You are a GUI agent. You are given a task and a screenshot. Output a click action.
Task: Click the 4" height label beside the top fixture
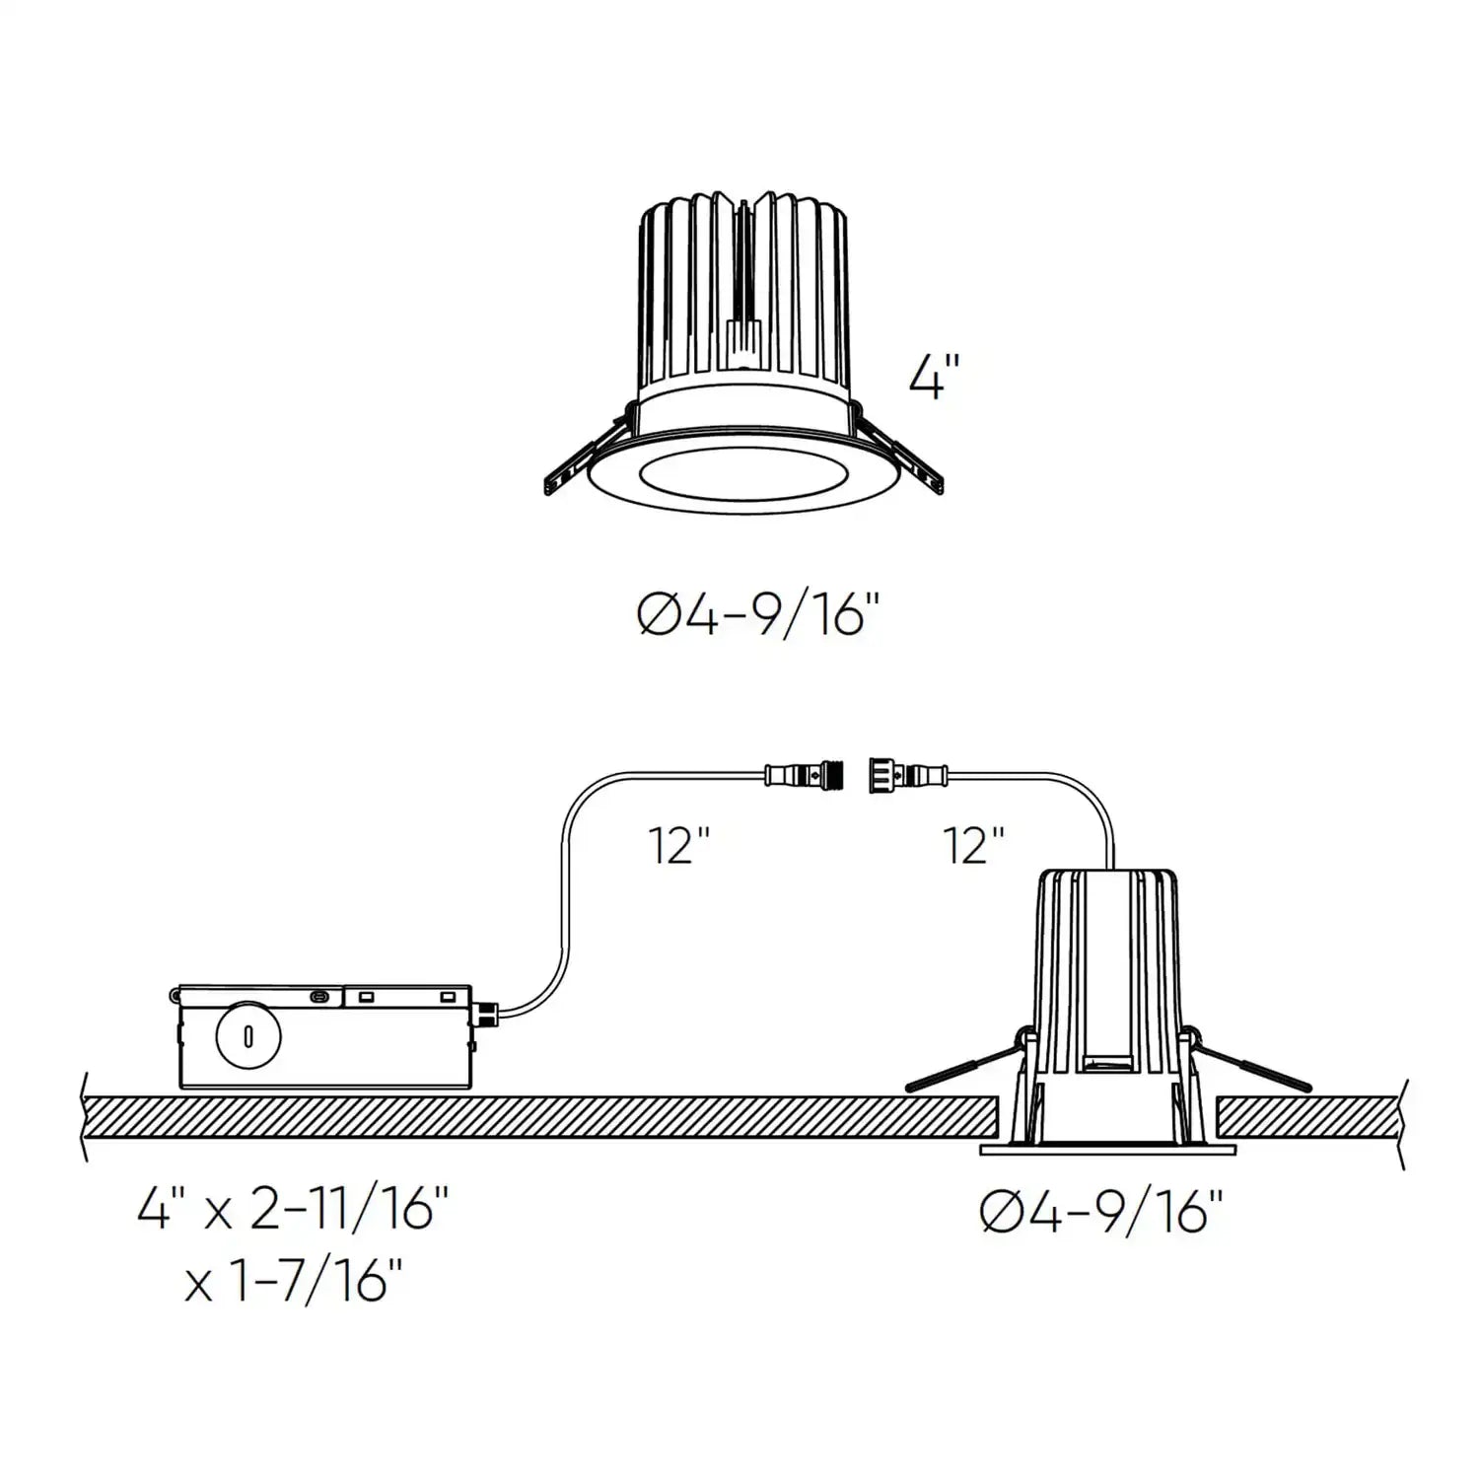(933, 379)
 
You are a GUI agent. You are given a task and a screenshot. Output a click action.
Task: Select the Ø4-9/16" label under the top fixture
(757, 616)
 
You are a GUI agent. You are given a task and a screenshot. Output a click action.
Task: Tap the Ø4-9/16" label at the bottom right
(1102, 1211)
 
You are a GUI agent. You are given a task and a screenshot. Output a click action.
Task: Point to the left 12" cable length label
(679, 845)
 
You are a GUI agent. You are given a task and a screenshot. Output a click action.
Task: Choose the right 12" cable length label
(974, 845)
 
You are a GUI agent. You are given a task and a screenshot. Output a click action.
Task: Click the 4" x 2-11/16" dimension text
(293, 1209)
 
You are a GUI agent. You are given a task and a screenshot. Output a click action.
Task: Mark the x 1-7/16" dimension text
(293, 1284)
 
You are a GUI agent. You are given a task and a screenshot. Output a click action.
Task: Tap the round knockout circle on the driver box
(247, 1036)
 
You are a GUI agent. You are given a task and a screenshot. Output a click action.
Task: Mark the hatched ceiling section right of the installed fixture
(1306, 1116)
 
